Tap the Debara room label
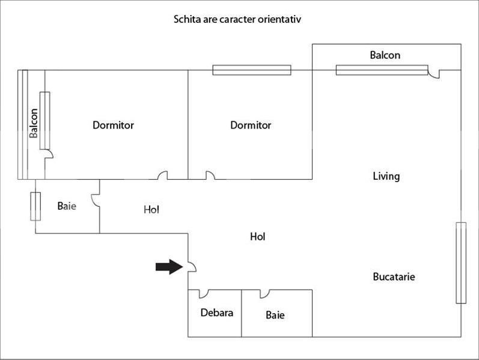tap(216, 313)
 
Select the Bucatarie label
tap(394, 277)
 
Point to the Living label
tap(386, 176)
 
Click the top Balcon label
tap(385, 55)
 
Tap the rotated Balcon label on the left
tap(34, 123)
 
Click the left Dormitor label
tap(113, 126)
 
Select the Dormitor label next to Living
tap(251, 126)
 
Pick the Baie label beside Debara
tap(275, 315)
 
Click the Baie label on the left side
tap(67, 206)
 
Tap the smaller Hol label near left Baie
tap(151, 210)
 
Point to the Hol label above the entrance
tap(257, 237)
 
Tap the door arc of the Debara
tap(203, 293)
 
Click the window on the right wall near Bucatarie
tap(461, 263)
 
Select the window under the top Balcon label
tap(381, 70)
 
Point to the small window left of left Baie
tap(35, 206)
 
